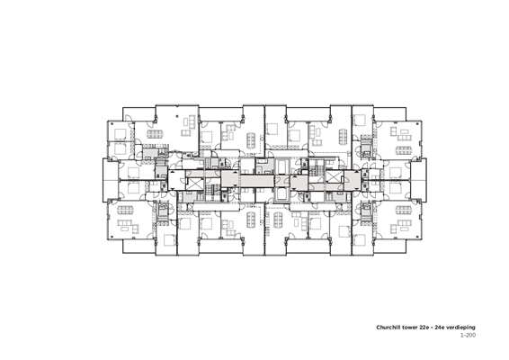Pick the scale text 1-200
coord(469,335)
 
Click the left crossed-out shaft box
coord(195,184)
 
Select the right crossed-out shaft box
coord(333,176)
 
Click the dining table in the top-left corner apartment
coord(156,134)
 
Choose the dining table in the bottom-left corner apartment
coord(126,211)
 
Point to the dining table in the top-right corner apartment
coord(404,150)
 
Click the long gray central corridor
coord(257,181)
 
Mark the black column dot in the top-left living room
coord(177,116)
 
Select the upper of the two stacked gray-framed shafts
coord(281,166)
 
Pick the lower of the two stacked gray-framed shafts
coord(281,195)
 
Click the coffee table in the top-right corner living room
coord(405,132)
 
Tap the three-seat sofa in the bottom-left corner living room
coord(123,223)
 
